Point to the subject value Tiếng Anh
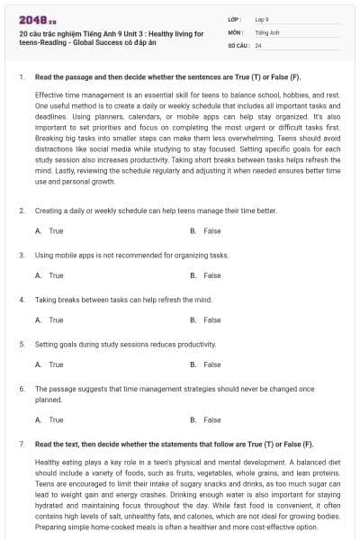(265, 31)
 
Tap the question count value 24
(258, 44)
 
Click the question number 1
(21, 78)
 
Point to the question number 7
(21, 445)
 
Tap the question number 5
(21, 344)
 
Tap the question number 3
(21, 255)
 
